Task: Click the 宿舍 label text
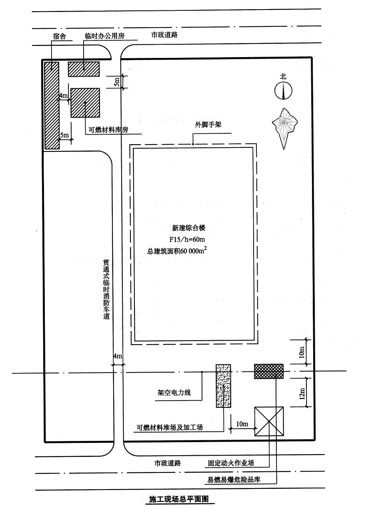(x=59, y=36)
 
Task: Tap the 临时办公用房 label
(x=105, y=36)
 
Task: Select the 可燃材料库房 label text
(x=108, y=130)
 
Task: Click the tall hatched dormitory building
(x=52, y=105)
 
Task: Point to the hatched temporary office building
(x=84, y=69)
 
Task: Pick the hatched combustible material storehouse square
(x=85, y=103)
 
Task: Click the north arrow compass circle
(x=284, y=91)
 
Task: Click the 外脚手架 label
(x=208, y=125)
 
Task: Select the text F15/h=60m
(x=187, y=239)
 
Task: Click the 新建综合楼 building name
(x=189, y=228)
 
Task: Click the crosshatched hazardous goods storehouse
(x=269, y=371)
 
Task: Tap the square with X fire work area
(x=269, y=421)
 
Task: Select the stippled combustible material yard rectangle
(x=223, y=386)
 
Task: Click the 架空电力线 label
(x=174, y=393)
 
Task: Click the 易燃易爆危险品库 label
(x=234, y=479)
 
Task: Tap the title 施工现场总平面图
(x=179, y=499)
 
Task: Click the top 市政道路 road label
(x=164, y=35)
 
